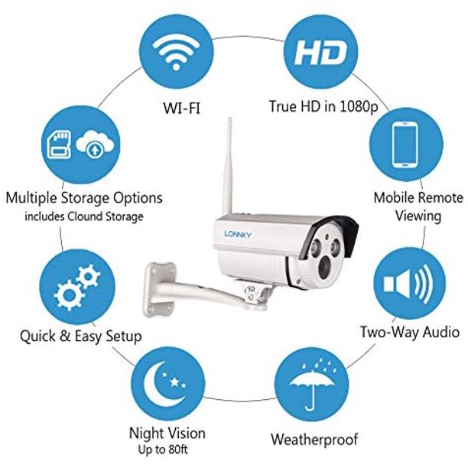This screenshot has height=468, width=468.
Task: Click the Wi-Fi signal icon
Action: click(x=176, y=52)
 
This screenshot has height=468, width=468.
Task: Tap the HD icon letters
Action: click(x=320, y=53)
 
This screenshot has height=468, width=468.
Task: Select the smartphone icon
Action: click(x=405, y=145)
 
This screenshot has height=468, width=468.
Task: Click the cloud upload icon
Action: click(x=95, y=145)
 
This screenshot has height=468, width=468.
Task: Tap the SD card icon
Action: click(x=60, y=145)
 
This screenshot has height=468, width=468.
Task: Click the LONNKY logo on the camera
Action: click(x=238, y=234)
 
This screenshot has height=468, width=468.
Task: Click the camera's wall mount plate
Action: click(x=158, y=289)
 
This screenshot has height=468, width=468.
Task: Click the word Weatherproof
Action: click(x=314, y=440)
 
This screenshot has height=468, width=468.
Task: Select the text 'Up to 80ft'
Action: click(x=163, y=450)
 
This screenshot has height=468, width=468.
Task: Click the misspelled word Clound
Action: click(x=86, y=216)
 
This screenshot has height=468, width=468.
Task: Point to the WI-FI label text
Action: click(x=181, y=108)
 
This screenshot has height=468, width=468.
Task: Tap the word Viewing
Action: click(x=418, y=216)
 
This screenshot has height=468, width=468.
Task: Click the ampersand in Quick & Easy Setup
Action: click(x=65, y=336)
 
